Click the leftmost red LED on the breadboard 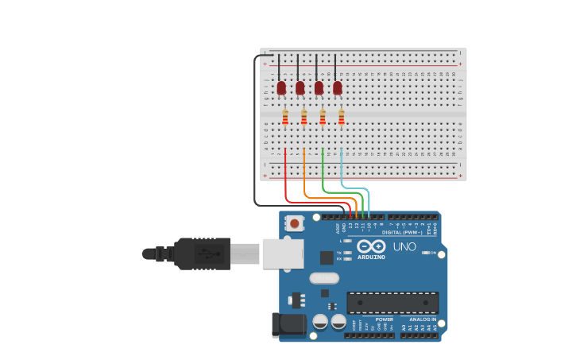click(x=281, y=87)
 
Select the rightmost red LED click(x=338, y=87)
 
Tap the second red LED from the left click(x=300, y=87)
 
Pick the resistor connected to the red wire click(x=285, y=118)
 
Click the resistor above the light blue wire click(x=342, y=118)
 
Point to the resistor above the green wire click(x=323, y=118)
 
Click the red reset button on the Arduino click(x=295, y=223)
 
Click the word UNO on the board click(x=404, y=246)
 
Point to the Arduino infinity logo click(x=370, y=246)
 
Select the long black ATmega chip click(x=392, y=303)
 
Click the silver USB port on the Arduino click(x=283, y=254)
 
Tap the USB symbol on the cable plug click(x=207, y=254)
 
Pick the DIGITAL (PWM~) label click(x=403, y=232)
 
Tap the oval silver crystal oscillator click(x=324, y=278)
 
